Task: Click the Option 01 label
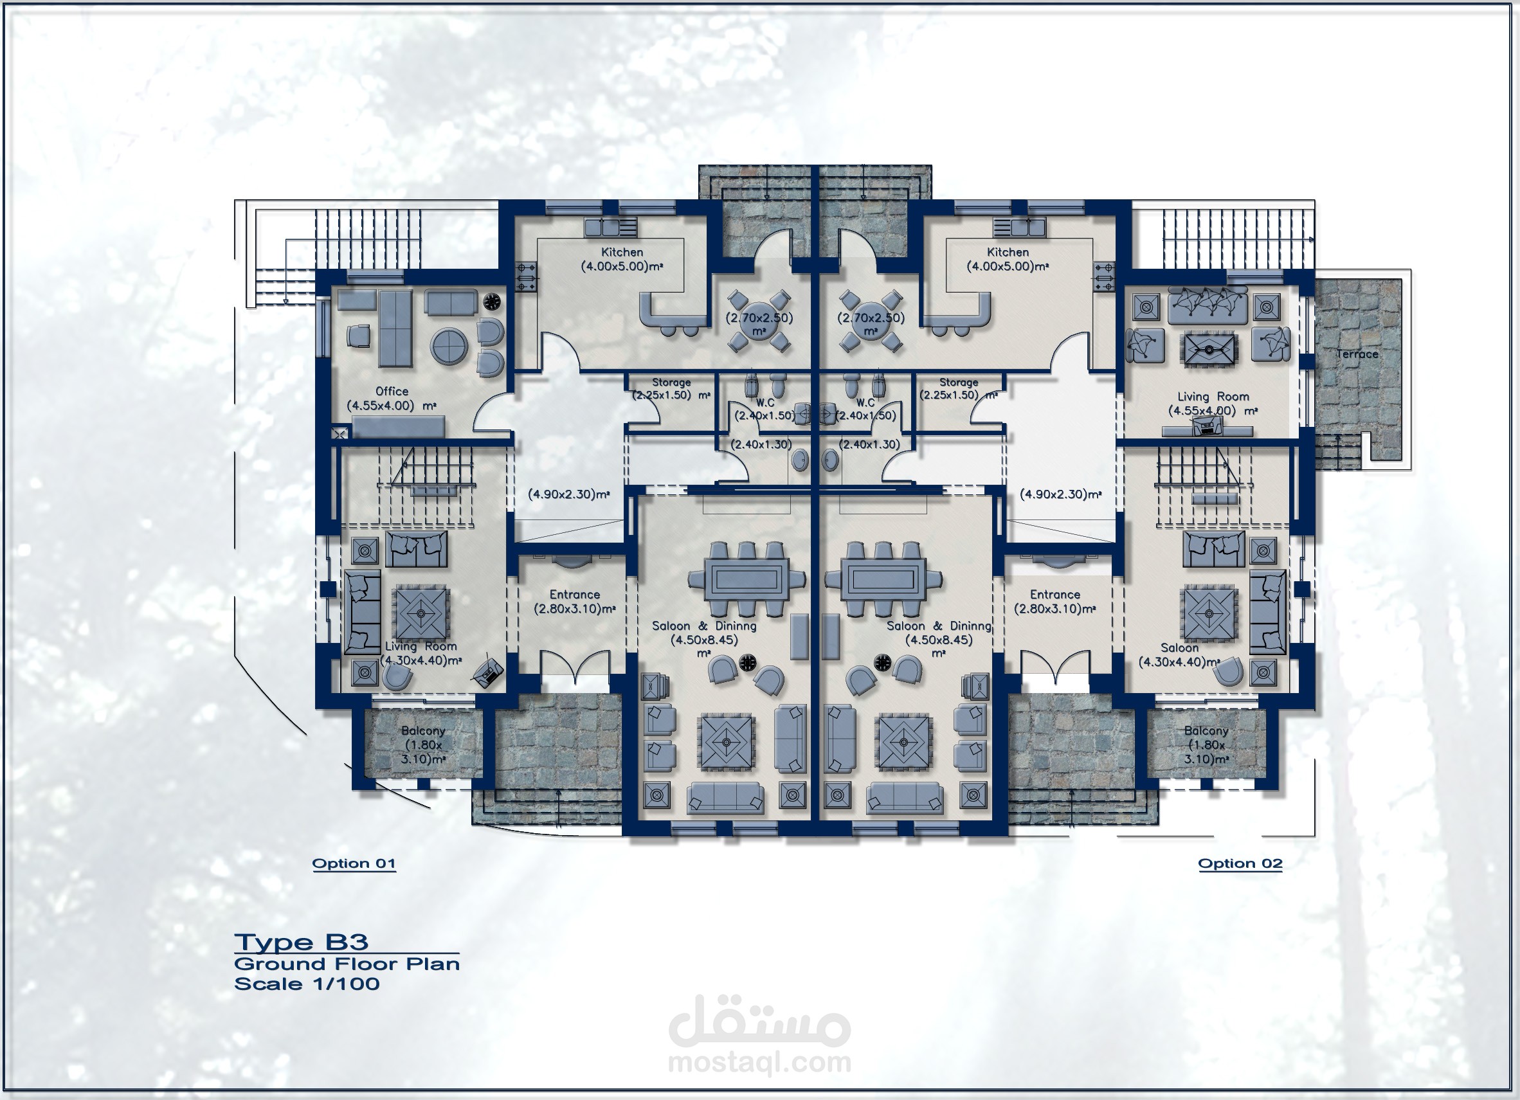(x=354, y=863)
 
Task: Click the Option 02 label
(x=1240, y=863)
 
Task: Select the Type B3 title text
(x=301, y=942)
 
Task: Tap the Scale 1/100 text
(x=307, y=984)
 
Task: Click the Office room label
(x=392, y=392)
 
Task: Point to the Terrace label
(x=1357, y=354)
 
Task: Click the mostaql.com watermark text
(x=760, y=1063)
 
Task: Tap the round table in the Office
(x=449, y=347)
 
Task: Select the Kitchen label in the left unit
(x=622, y=252)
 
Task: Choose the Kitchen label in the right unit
(x=1008, y=252)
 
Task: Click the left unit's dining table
(x=746, y=577)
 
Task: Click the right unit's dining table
(x=883, y=577)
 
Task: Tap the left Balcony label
(x=423, y=731)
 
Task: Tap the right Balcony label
(x=1206, y=731)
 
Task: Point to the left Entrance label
(x=574, y=594)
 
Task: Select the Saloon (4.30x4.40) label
(x=1179, y=655)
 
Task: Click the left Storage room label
(x=671, y=383)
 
